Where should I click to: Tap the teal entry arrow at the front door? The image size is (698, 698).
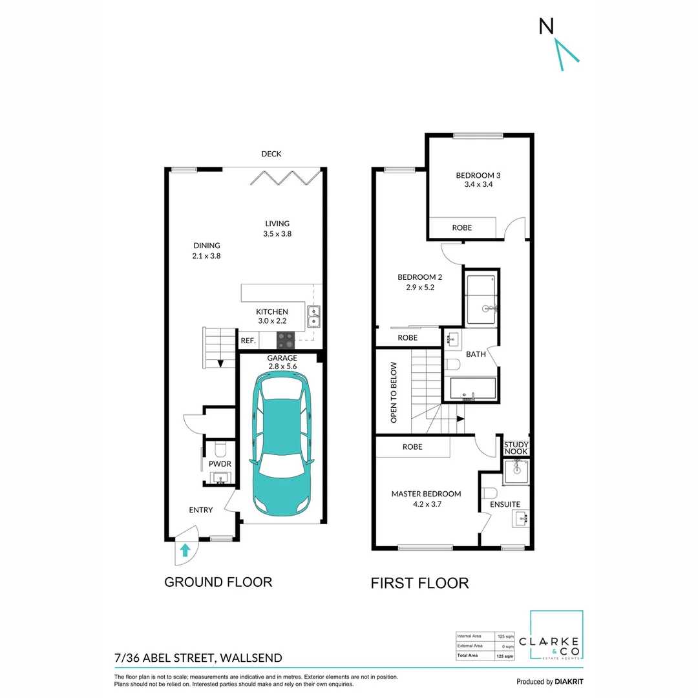[185, 550]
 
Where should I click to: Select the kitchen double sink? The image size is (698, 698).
[314, 316]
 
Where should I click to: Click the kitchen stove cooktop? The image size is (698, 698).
[285, 340]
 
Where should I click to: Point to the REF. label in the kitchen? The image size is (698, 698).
[249, 341]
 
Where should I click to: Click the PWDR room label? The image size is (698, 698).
[220, 463]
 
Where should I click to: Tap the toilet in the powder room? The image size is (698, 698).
[220, 447]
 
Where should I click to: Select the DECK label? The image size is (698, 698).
[271, 154]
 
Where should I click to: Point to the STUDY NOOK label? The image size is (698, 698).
[516, 448]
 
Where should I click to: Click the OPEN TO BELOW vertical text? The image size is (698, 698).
[393, 392]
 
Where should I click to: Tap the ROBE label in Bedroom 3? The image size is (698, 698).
[461, 227]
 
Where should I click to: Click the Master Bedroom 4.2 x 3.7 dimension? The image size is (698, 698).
[426, 505]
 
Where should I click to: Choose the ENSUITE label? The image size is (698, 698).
[505, 504]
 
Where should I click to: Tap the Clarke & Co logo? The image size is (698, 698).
[556, 636]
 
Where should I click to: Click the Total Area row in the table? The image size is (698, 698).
[485, 656]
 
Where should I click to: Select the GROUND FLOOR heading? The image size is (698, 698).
[218, 582]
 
